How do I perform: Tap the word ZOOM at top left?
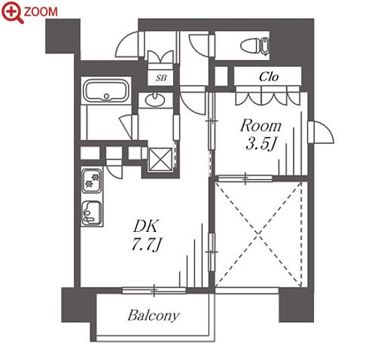click(x=41, y=11)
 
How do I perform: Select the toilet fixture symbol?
click(x=255, y=46)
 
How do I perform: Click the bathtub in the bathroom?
click(x=106, y=90)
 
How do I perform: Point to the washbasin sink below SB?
click(x=155, y=99)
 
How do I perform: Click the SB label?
click(x=161, y=78)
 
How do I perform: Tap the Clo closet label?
click(x=269, y=77)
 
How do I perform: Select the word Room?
click(x=261, y=126)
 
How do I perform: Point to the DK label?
click(x=145, y=226)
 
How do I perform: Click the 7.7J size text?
click(x=146, y=244)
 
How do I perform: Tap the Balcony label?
click(x=154, y=316)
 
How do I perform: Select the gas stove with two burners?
click(x=92, y=181)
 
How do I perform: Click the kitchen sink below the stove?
click(x=92, y=213)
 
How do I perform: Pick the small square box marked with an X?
click(x=160, y=160)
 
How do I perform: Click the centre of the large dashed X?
click(x=258, y=234)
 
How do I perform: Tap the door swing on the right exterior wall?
click(x=322, y=133)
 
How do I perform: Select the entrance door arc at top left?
click(x=127, y=44)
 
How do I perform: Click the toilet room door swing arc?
click(x=199, y=45)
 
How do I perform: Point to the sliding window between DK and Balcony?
click(x=154, y=291)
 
